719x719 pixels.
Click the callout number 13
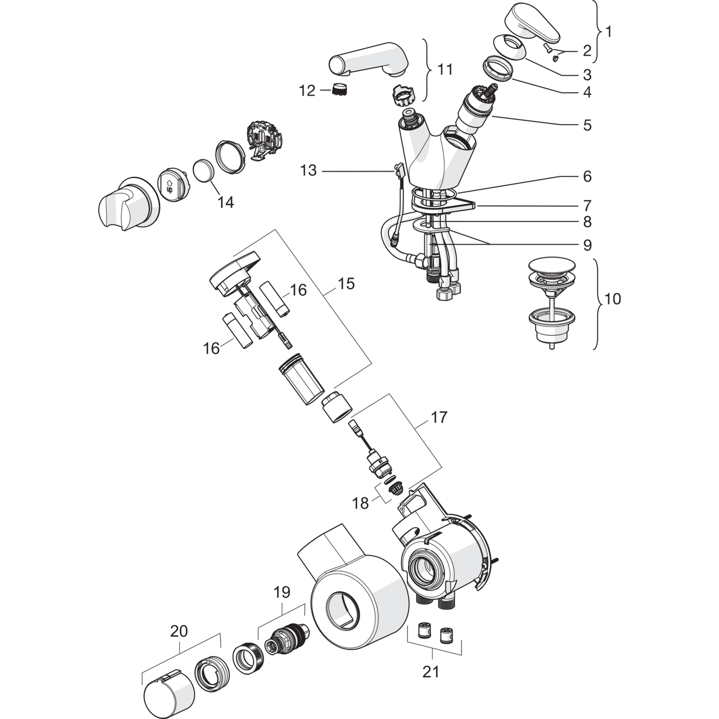308,171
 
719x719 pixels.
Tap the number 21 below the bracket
431,672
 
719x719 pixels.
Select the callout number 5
588,125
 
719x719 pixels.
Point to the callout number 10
612,299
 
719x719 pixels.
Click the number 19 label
282,592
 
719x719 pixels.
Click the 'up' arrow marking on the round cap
169,187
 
